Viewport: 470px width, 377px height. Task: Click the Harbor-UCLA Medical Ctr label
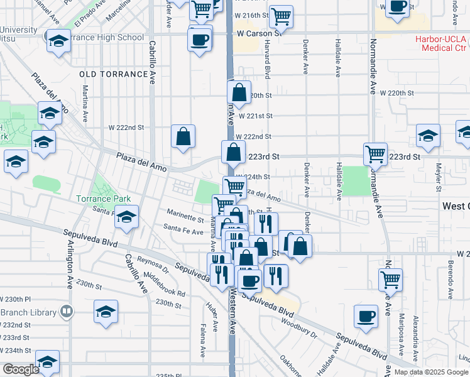click(x=441, y=43)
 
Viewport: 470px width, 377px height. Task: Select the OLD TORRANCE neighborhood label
click(x=114, y=74)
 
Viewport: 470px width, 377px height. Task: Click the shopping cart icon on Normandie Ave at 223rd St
click(x=375, y=153)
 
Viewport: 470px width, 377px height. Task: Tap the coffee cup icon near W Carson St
click(x=200, y=40)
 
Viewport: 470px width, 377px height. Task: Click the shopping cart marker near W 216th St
click(x=281, y=16)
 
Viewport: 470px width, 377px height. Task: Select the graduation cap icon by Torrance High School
click(x=58, y=41)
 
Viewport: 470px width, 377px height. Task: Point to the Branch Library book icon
click(x=66, y=311)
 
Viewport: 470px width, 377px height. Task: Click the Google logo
click(x=21, y=369)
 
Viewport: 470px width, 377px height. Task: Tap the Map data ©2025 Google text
click(x=430, y=372)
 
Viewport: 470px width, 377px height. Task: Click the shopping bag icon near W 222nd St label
click(x=183, y=136)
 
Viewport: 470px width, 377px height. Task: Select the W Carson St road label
click(x=258, y=33)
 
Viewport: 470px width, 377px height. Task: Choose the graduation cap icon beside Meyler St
click(x=428, y=136)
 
